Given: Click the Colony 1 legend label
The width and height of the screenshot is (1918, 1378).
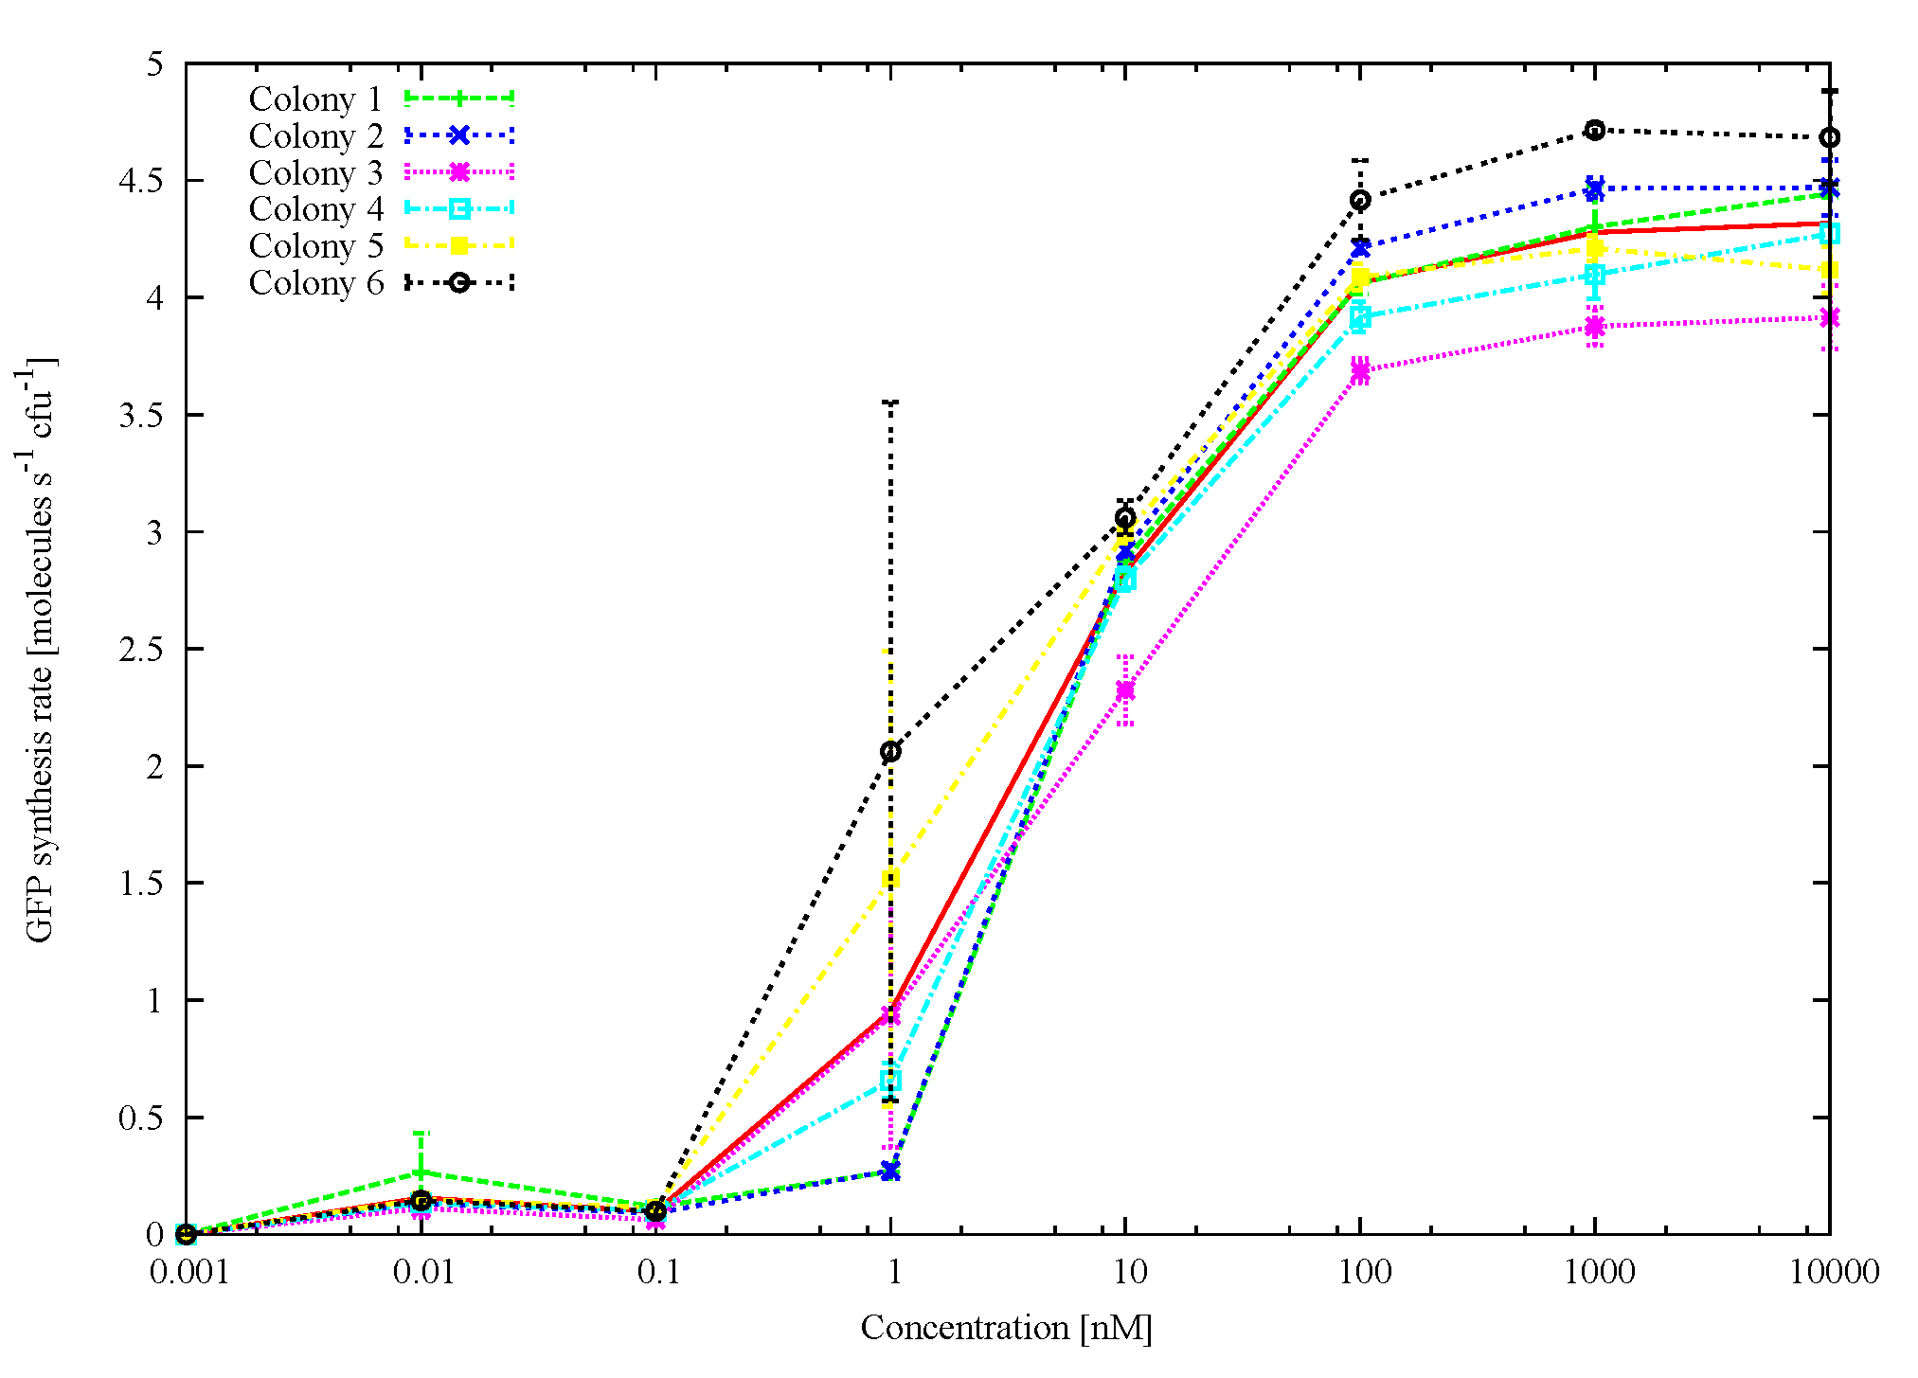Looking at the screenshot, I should point(314,99).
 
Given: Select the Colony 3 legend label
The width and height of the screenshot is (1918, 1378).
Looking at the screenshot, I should point(314,173).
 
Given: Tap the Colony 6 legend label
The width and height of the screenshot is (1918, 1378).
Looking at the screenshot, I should point(314,283).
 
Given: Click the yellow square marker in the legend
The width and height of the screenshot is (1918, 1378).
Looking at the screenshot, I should point(458,246).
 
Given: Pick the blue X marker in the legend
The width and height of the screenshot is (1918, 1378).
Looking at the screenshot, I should point(458,135).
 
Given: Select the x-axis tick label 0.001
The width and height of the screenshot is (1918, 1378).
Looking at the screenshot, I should point(188,1272).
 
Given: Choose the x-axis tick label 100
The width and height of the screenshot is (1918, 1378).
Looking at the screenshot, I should point(1364,1272).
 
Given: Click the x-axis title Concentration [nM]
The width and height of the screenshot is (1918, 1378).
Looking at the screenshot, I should point(1006,1328).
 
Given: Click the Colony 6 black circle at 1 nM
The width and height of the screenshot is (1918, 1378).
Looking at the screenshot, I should point(890,752).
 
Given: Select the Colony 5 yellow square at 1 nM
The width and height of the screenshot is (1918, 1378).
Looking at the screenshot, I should point(890,879).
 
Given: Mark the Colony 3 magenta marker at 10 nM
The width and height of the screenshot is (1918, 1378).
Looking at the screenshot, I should point(1125,690).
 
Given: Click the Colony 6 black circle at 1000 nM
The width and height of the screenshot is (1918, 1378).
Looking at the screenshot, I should point(1595,130).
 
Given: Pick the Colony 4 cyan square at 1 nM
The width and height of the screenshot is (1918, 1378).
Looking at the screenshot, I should point(890,1080).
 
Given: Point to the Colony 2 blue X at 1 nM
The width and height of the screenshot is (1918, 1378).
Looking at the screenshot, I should point(890,1172).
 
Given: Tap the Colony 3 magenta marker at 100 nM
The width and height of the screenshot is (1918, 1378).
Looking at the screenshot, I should point(1360,372).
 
